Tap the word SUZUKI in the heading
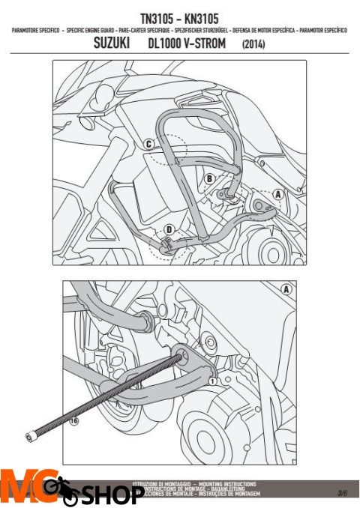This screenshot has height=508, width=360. point(110,44)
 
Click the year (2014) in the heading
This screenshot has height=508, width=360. point(253,45)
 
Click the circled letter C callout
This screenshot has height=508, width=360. point(149,144)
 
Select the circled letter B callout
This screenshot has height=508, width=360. point(210,178)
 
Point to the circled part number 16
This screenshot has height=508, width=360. point(73,422)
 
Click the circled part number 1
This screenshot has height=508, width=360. point(212,381)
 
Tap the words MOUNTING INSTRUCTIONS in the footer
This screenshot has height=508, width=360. point(223,485)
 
